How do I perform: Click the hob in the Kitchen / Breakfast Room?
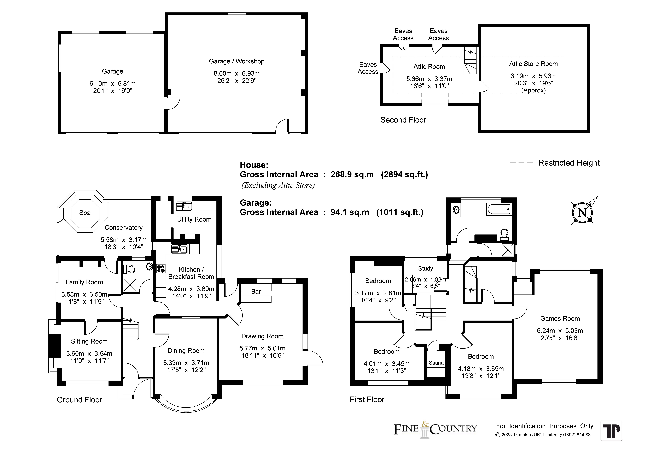[x=161, y=268]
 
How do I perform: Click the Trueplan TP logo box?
[x=611, y=431]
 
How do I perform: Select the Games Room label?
[x=560, y=319]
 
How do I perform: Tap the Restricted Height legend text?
[x=569, y=163]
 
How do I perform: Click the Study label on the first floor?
[x=425, y=269]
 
